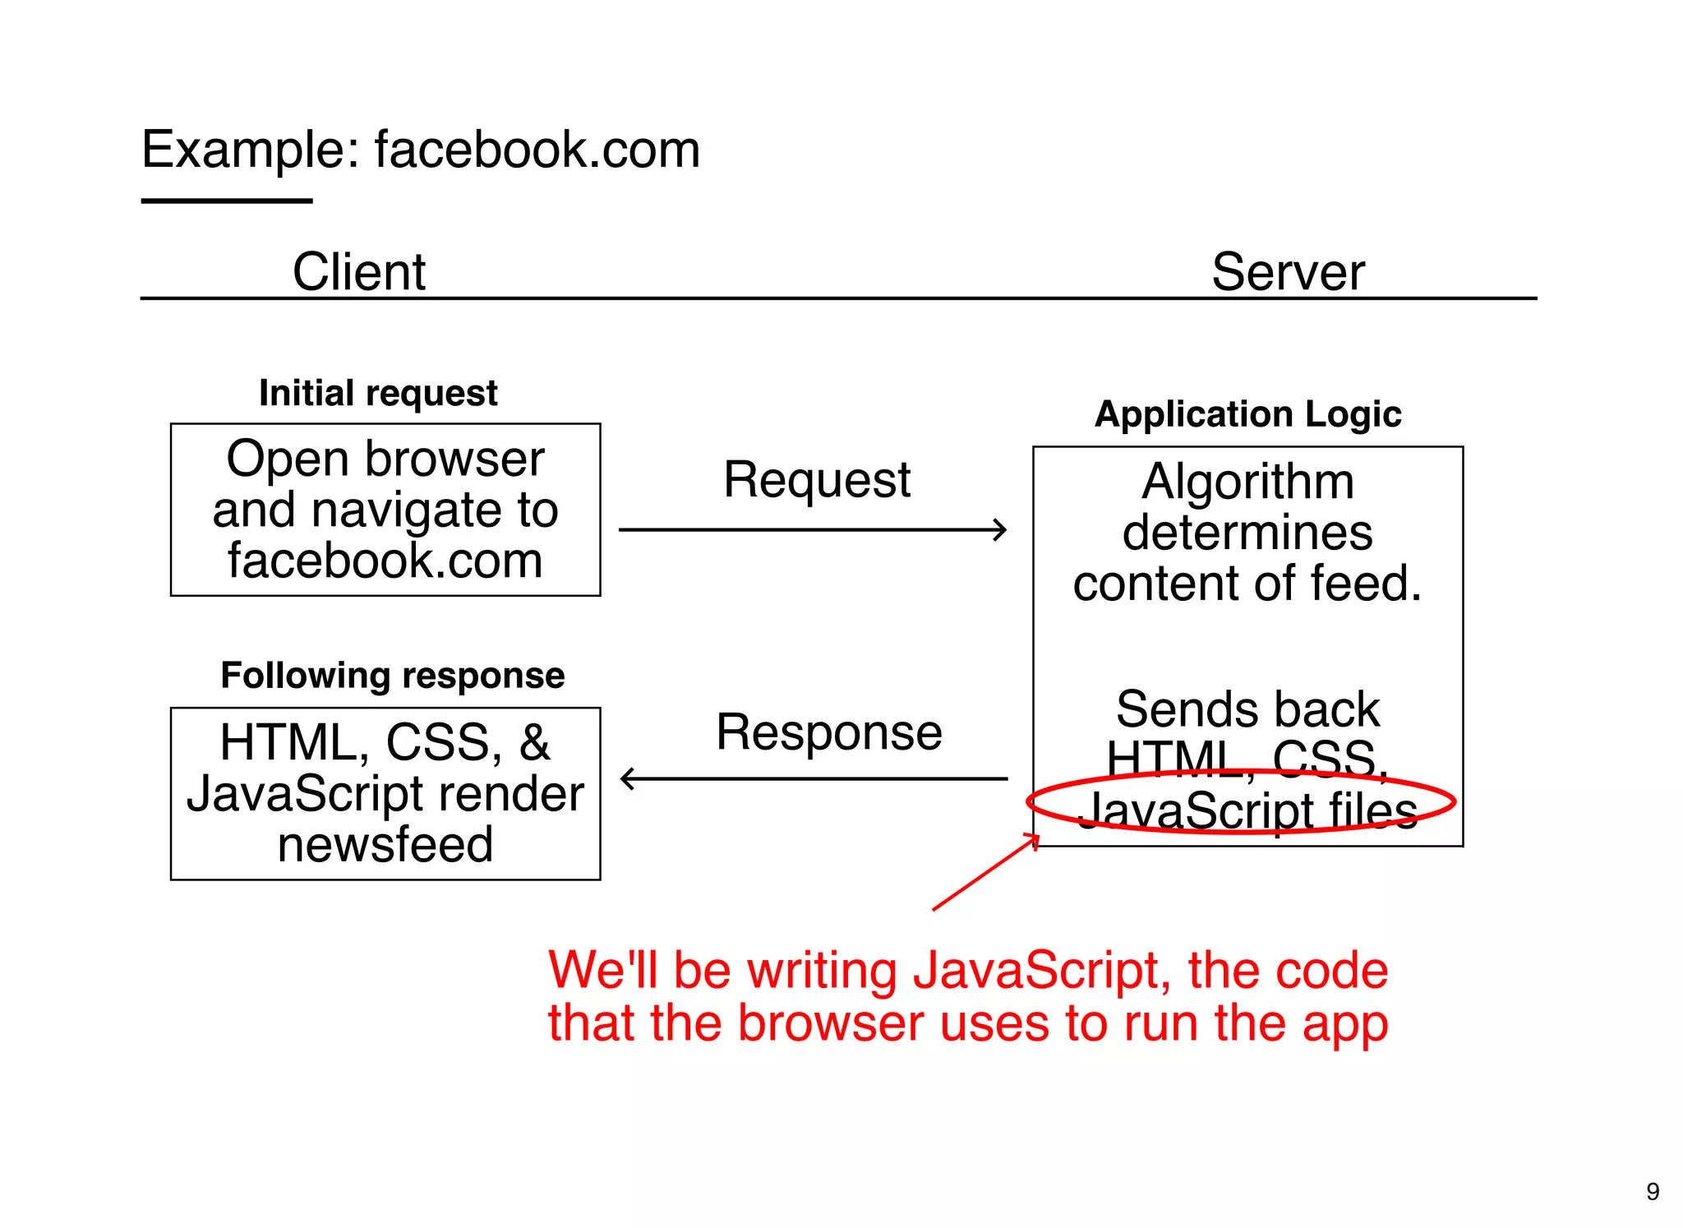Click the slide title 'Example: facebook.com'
(x=420, y=150)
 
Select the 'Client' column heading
(x=359, y=271)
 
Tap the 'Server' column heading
(x=1288, y=271)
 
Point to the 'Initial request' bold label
(x=378, y=393)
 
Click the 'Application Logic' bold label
(x=1247, y=414)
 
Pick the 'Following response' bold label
(x=393, y=676)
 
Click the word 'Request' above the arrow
(x=817, y=479)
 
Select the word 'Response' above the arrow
(x=828, y=732)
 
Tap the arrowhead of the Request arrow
(x=1000, y=530)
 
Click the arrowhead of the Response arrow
(x=628, y=778)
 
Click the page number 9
(x=1653, y=1191)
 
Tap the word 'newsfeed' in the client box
(x=385, y=844)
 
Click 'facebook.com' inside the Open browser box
(x=385, y=561)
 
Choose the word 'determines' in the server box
(x=1247, y=533)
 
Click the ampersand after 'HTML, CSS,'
(x=534, y=742)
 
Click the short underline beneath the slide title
(x=227, y=201)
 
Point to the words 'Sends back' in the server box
(x=1247, y=709)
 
